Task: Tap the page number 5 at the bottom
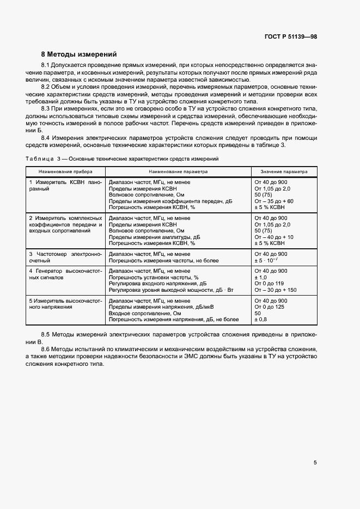pos(315,463)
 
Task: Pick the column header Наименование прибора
pos(65,171)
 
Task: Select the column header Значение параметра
pos(283,171)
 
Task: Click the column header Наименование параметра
pos(178,171)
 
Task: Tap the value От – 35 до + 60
pos(273,201)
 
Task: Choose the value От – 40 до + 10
pos(273,237)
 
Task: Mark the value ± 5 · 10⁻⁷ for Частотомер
pos(266,261)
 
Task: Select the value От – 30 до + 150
pos(275,290)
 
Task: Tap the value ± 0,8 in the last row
pos(261,320)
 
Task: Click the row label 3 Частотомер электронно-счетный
pos(65,257)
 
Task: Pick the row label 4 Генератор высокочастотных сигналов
pos(65,274)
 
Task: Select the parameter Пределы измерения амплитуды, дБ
pos(154,237)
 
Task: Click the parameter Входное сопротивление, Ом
pos(144,314)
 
